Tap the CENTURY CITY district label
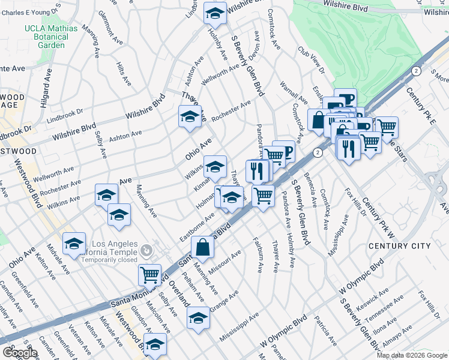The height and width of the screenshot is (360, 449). pyautogui.click(x=408, y=246)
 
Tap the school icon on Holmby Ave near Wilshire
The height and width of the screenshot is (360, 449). pyautogui.click(x=214, y=13)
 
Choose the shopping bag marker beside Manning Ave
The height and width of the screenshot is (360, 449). pyautogui.click(x=203, y=247)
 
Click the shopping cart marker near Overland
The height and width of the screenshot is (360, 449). pyautogui.click(x=149, y=275)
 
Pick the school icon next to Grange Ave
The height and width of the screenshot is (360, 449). pyautogui.click(x=198, y=317)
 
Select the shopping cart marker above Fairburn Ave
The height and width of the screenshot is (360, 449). pyautogui.click(x=263, y=195)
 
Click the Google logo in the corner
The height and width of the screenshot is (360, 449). pyautogui.click(x=19, y=353)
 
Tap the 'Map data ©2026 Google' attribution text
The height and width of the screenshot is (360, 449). pyautogui.click(x=411, y=355)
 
